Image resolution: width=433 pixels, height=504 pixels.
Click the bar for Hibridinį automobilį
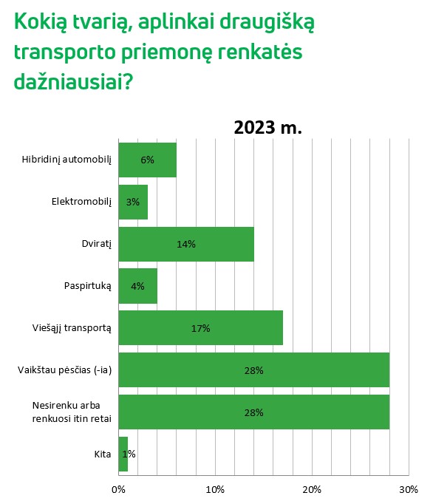[147, 160]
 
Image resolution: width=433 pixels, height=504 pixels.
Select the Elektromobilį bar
[133, 202]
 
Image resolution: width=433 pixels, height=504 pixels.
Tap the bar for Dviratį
[186, 244]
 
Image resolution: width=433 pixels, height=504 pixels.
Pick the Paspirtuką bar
[138, 286]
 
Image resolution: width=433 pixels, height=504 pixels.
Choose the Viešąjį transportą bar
[200, 328]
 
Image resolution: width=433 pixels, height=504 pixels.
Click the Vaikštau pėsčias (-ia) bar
[254, 370]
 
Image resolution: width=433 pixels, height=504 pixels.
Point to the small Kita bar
[123, 454]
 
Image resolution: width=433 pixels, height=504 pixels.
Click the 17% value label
[200, 328]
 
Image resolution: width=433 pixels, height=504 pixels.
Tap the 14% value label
[186, 245]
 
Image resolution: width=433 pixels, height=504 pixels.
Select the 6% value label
[147, 160]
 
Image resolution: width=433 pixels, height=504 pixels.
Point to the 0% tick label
[118, 489]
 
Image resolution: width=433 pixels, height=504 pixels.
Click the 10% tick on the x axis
[215, 489]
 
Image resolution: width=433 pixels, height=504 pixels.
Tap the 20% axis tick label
[312, 489]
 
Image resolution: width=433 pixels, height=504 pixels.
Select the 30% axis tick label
[409, 489]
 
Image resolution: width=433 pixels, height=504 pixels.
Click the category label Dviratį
[97, 244]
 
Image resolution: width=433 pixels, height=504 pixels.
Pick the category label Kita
[103, 454]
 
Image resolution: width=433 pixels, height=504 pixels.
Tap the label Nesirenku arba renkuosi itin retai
[72, 412]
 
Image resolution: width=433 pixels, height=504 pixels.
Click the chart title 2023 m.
[267, 127]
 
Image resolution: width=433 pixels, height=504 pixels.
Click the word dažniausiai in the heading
[73, 81]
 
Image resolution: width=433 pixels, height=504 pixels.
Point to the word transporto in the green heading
[64, 52]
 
